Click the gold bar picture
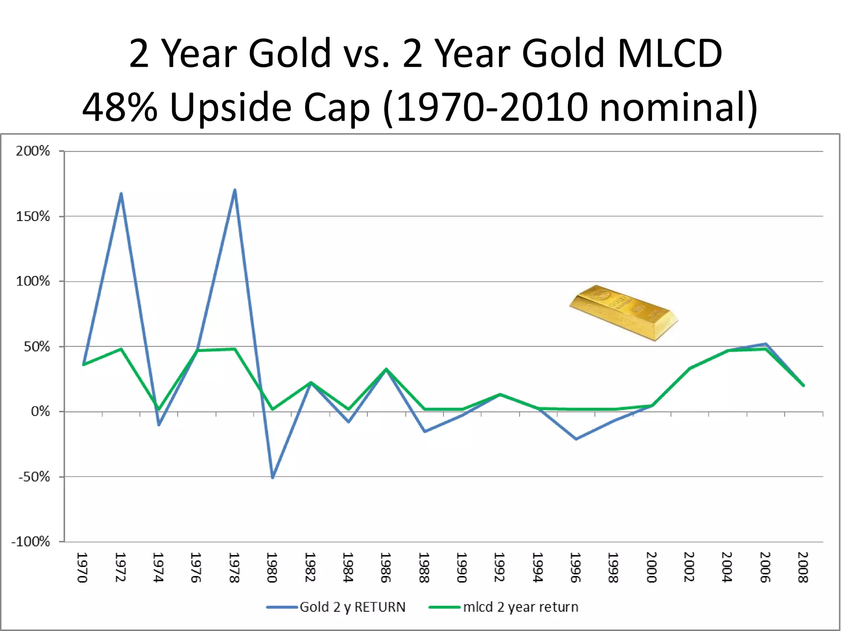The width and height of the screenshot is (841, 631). (623, 312)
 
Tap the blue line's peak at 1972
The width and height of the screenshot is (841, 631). (121, 193)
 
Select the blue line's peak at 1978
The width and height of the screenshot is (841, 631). (234, 190)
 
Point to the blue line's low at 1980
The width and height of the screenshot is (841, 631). (273, 477)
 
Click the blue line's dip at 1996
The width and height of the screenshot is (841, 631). (576, 439)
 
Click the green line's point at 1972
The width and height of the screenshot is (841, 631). (121, 349)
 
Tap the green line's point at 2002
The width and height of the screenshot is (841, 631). (690, 368)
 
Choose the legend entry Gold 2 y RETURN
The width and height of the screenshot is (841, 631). (352, 607)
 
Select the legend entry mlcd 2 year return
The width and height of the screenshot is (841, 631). (520, 607)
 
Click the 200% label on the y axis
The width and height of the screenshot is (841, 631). (33, 151)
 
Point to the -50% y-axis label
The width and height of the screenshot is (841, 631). (34, 477)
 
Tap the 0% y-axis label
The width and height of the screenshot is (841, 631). (40, 412)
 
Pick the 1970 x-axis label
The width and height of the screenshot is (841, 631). (82, 567)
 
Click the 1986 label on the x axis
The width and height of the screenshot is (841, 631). (385, 567)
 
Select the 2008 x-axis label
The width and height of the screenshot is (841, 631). (803, 567)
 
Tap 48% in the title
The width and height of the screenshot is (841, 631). (119, 107)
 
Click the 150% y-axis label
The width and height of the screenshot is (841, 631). (33, 216)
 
